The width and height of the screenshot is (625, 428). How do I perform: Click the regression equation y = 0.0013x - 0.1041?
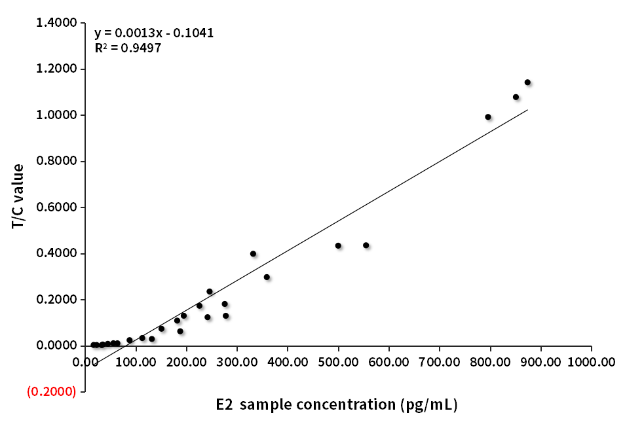tap(154, 33)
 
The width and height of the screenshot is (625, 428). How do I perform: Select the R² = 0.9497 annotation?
tap(128, 48)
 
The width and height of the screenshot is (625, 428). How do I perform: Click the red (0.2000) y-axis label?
tap(52, 391)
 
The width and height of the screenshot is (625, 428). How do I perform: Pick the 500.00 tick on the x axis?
tap(339, 361)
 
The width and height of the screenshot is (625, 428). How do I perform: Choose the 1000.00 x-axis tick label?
tap(591, 361)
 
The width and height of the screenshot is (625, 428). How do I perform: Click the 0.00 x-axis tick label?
tap(86, 361)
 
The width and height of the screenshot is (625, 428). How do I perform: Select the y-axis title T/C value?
tap(18, 196)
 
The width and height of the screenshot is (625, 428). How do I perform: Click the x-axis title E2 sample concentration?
tap(337, 404)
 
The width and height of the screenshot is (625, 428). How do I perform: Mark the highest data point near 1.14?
tap(527, 82)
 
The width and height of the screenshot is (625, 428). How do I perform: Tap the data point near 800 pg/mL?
tap(488, 117)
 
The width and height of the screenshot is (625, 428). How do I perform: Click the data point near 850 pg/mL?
tap(516, 97)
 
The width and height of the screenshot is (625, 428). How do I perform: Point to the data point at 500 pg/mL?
tap(338, 245)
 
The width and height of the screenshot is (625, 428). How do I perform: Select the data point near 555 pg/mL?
tap(366, 245)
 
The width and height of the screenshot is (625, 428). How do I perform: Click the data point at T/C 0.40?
tap(253, 254)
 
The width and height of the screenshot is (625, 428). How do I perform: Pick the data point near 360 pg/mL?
tap(267, 277)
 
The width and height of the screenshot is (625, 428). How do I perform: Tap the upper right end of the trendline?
tap(527, 110)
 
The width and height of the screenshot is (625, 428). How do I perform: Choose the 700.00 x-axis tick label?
tap(440, 361)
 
